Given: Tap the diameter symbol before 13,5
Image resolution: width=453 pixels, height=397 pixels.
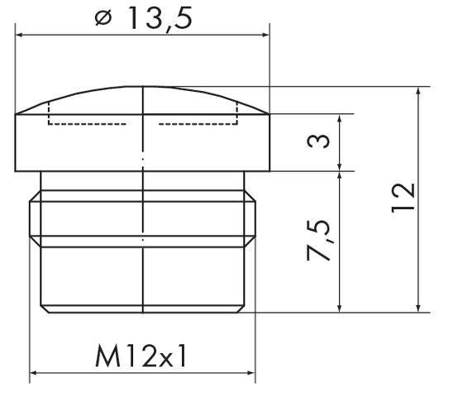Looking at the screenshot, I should [103, 19].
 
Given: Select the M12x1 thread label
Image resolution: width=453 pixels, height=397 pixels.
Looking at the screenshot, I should [142, 357].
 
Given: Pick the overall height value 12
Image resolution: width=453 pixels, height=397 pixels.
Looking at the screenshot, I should [403, 198].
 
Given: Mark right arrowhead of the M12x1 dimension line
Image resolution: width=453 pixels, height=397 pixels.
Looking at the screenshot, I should [250, 374].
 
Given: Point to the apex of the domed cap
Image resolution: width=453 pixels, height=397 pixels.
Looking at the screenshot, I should [144, 87].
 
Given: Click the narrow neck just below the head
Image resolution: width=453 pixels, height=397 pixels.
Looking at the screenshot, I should [144, 182].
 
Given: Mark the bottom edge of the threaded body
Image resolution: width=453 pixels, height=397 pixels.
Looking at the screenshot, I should [144, 312].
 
